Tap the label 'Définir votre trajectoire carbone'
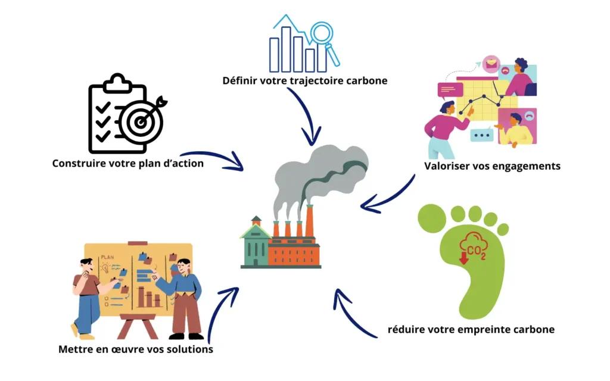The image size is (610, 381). (305, 80)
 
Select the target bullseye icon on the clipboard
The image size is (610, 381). (141, 120)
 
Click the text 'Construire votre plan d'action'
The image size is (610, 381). (128, 163)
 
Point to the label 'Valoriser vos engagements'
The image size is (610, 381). (492, 166)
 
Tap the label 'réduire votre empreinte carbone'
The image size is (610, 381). (471, 329)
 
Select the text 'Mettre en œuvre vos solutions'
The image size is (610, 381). (136, 349)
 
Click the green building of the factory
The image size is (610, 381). (255, 244)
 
